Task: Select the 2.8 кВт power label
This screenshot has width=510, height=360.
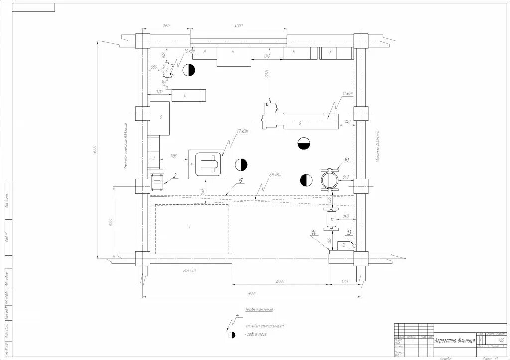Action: [x=275, y=175]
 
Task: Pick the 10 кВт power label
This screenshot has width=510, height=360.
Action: [x=347, y=94]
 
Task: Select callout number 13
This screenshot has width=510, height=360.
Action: [x=349, y=233]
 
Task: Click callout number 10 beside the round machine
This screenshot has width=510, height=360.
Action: [x=347, y=160]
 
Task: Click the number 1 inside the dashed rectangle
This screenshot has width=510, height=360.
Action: [x=189, y=227]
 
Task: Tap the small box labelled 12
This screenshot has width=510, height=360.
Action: [x=343, y=245]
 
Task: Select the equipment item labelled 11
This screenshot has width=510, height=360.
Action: [x=329, y=219]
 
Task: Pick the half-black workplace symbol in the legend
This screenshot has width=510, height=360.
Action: [x=231, y=335]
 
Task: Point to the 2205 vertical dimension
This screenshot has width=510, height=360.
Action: [x=267, y=75]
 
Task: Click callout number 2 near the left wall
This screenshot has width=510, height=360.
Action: [x=175, y=175]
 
